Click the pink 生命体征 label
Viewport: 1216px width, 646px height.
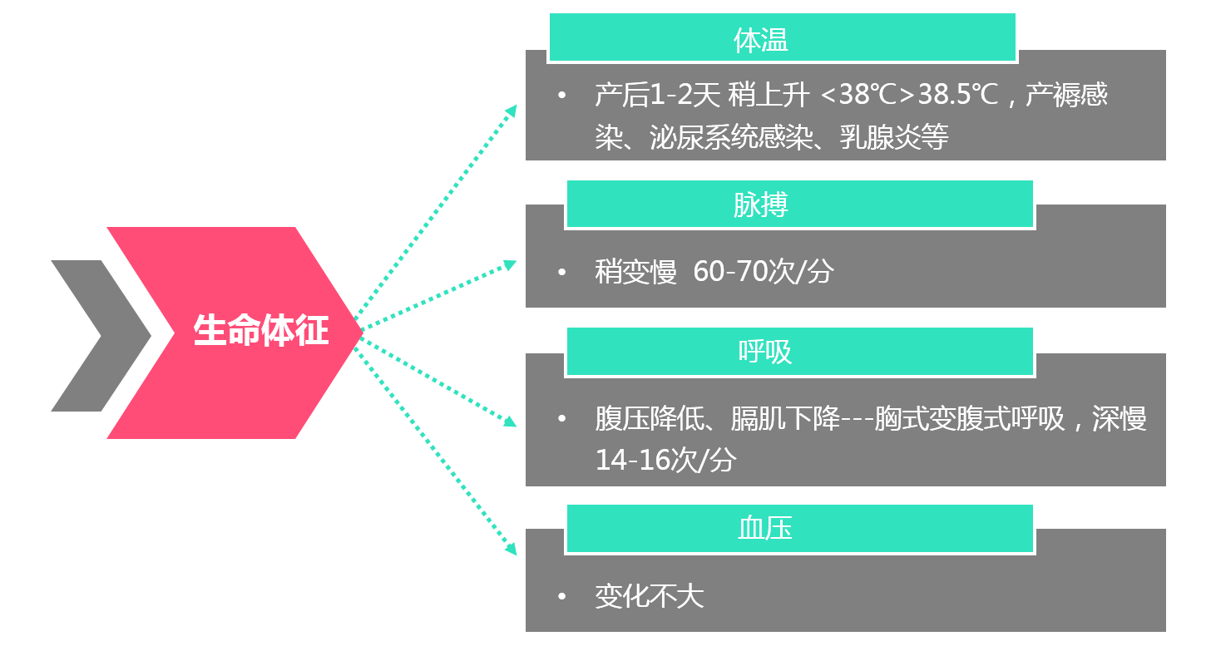coord(260,330)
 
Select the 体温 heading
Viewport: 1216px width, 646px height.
coord(760,40)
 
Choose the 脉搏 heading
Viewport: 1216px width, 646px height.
coord(760,205)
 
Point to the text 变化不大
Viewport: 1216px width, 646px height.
coord(649,596)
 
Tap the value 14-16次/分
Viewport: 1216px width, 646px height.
coord(665,460)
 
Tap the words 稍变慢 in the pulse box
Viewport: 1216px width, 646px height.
coord(635,271)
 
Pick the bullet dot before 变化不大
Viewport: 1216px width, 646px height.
coord(562,597)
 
